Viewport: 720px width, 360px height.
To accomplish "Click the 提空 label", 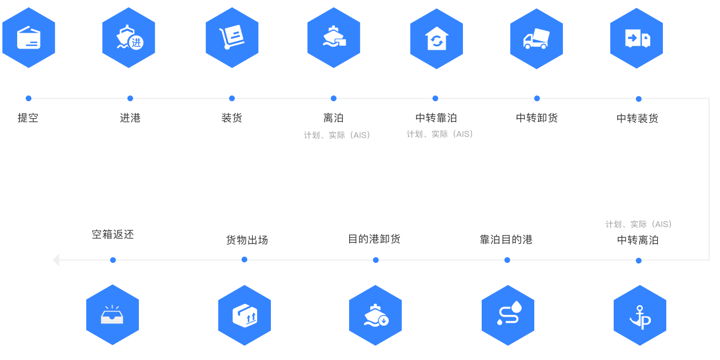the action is point(28,118).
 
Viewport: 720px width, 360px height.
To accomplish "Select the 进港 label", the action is point(130,118).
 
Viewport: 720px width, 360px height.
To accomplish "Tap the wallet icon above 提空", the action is point(29,38).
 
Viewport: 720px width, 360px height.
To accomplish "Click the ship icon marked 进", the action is point(130,37).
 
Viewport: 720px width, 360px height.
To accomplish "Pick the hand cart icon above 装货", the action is point(232,37).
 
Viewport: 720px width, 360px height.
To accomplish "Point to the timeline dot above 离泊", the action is point(334,98).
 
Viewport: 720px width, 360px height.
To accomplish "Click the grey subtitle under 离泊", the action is point(337,135).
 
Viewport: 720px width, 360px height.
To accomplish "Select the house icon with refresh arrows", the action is point(437,39).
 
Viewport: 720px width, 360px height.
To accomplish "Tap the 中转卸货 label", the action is point(537,118).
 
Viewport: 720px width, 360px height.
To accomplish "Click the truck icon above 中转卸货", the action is point(537,39).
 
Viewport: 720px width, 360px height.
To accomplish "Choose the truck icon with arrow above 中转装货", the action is point(637,38).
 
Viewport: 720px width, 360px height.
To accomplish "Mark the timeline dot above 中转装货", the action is point(639,99).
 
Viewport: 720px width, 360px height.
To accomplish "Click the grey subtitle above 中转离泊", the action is point(639,224).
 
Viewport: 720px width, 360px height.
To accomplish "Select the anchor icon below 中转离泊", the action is point(640,317).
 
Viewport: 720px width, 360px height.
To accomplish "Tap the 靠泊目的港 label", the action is point(506,239).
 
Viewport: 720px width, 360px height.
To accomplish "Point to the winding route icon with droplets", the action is point(509,313).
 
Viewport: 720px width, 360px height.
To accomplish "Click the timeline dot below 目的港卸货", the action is point(376,260).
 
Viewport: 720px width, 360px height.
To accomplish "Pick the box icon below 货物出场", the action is point(245,315).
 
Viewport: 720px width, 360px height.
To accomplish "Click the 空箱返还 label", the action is point(113,234).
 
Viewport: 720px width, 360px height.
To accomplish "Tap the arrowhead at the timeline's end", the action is point(56,259).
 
